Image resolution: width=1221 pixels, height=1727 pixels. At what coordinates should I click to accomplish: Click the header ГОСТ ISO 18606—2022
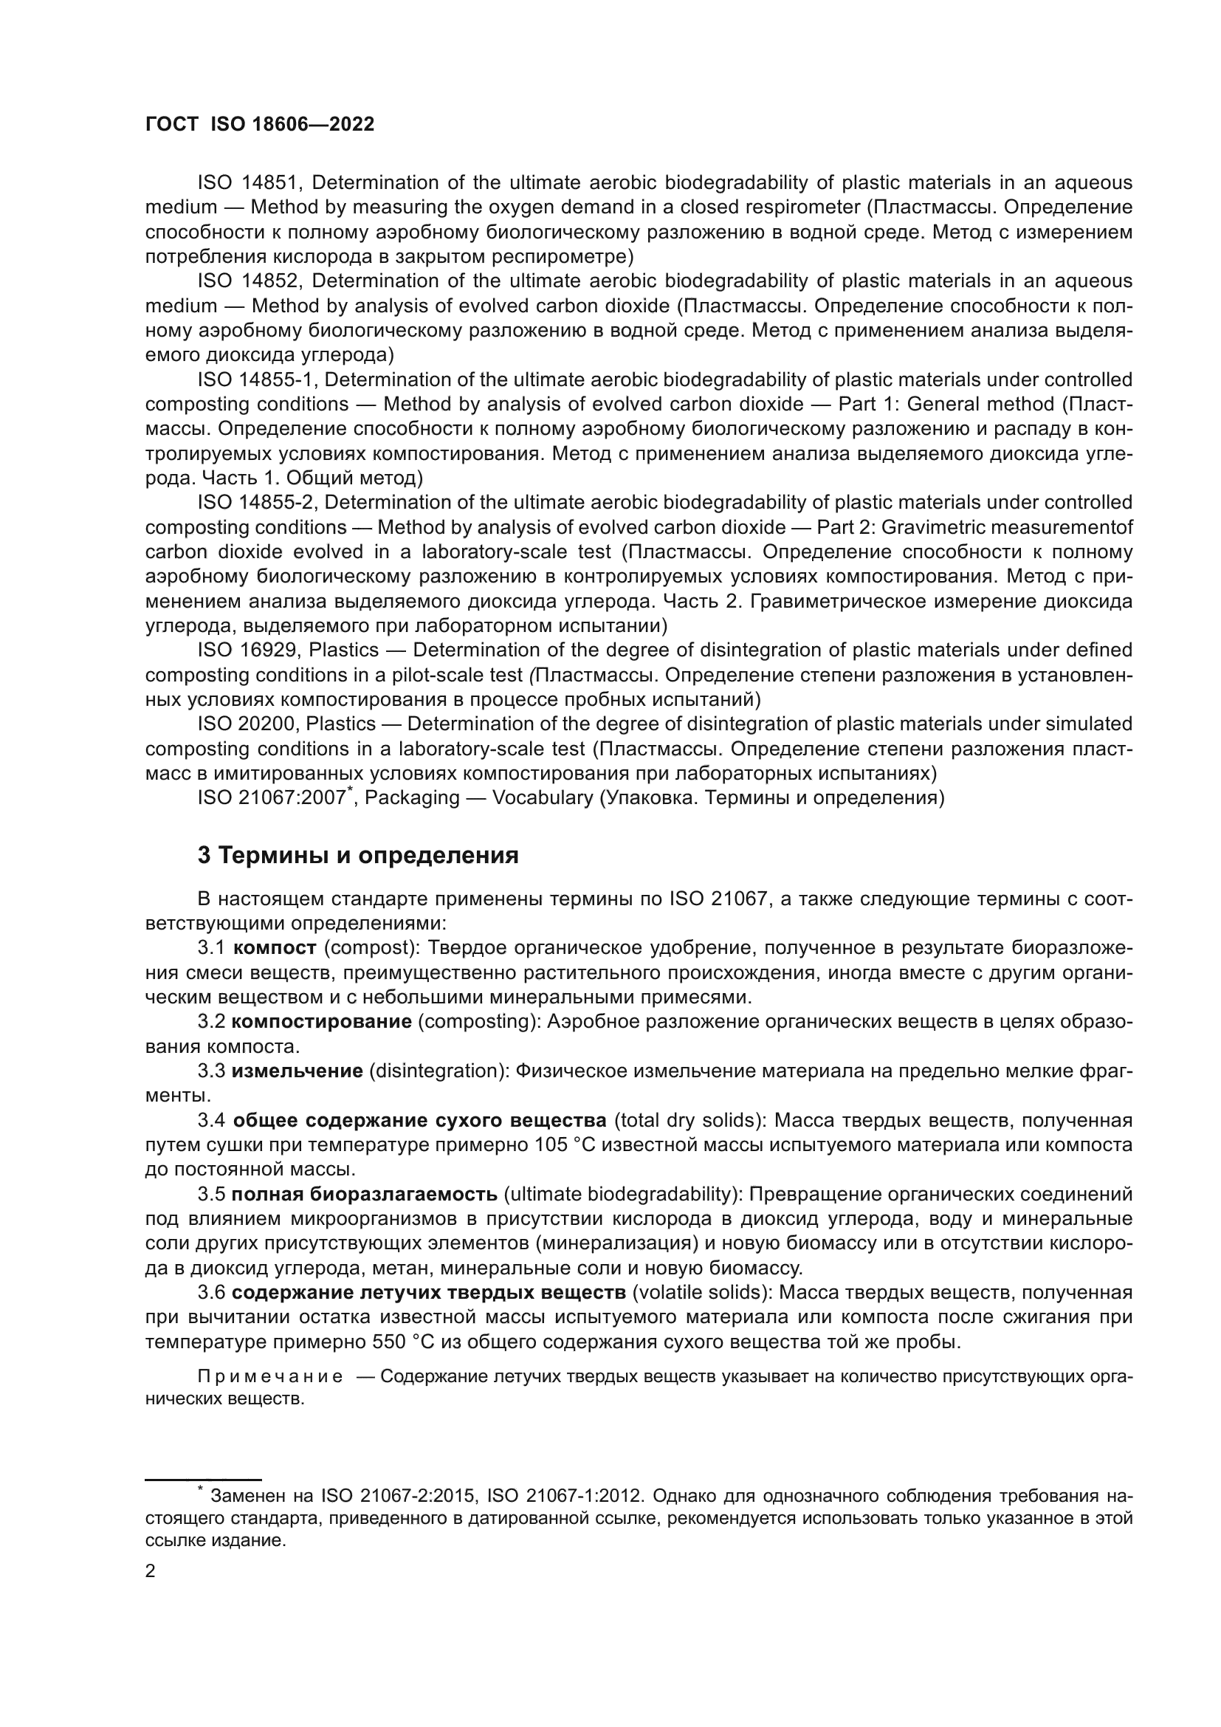click(259, 125)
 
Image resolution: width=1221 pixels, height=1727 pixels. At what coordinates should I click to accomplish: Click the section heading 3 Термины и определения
click(358, 856)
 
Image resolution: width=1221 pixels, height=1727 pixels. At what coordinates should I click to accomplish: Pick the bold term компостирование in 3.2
click(321, 1021)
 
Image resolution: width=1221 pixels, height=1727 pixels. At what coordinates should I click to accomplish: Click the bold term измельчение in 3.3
click(297, 1071)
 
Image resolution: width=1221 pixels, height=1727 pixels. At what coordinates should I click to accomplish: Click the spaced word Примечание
click(270, 1377)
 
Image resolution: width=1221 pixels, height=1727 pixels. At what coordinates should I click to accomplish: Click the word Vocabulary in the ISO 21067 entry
click(542, 798)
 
